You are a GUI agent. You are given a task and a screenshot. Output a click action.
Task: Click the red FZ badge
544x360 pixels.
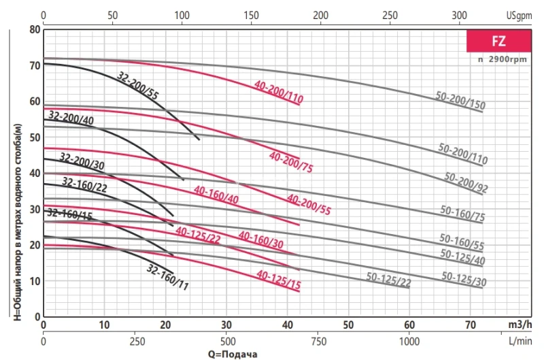pyautogui.click(x=498, y=41)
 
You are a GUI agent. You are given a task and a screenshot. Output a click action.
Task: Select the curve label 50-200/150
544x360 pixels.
pyautogui.click(x=460, y=101)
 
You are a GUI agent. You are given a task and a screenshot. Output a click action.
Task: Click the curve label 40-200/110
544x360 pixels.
pyautogui.click(x=278, y=93)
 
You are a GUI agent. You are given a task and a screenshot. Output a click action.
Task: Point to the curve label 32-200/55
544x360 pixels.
pyautogui.click(x=138, y=86)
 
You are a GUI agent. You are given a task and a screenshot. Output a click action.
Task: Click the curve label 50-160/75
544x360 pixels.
pyautogui.click(x=462, y=215)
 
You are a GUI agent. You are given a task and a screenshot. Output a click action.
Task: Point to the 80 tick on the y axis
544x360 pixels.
pyautogui.click(x=35, y=29)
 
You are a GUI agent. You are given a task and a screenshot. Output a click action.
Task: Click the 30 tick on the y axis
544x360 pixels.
pyautogui.click(x=35, y=209)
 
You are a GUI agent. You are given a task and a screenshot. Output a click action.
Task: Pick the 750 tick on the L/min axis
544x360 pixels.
pyautogui.click(x=318, y=341)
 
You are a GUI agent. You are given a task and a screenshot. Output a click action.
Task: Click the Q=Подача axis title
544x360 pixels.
pyautogui.click(x=233, y=354)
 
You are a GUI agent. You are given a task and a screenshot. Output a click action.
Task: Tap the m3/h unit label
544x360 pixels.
pyautogui.click(x=520, y=324)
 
